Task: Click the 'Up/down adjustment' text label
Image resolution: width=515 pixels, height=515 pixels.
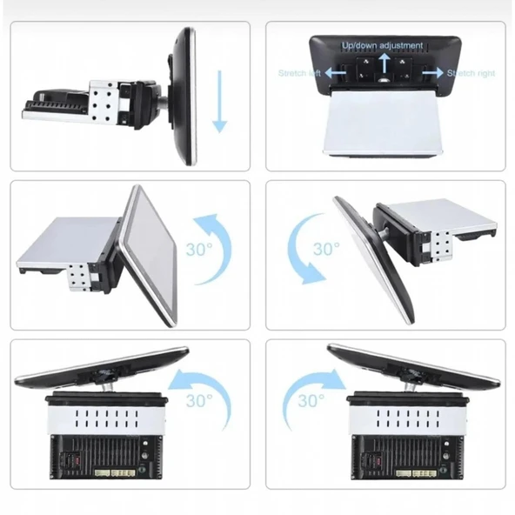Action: [x=382, y=45]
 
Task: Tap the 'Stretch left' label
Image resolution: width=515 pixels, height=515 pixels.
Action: [x=299, y=73]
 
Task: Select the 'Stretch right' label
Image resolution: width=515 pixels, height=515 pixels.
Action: [x=471, y=73]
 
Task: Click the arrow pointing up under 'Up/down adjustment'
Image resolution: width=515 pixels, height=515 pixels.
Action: [x=383, y=63]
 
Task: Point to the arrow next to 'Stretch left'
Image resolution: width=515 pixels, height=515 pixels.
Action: [x=335, y=72]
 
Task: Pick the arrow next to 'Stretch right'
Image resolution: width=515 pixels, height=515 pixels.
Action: [x=433, y=72]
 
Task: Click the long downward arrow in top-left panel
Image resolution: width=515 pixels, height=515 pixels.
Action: [x=220, y=101]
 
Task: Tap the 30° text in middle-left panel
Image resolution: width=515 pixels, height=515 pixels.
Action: [x=199, y=250]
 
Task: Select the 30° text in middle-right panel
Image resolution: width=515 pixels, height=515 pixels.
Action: [x=326, y=249]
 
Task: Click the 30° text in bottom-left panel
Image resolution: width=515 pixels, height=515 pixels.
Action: [x=199, y=401]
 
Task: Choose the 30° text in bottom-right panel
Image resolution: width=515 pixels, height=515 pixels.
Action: [x=311, y=401]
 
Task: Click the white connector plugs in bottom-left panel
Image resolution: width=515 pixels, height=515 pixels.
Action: [x=115, y=473]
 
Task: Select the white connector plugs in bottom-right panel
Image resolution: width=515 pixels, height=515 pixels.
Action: [x=417, y=473]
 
